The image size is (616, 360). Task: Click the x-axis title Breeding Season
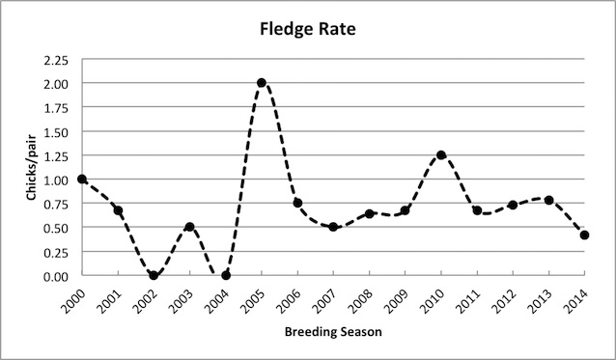click(332, 332)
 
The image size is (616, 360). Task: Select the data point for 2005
click(261, 83)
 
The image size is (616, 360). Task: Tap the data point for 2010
click(441, 155)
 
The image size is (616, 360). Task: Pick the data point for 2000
click(82, 179)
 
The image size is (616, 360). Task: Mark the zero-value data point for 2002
click(154, 275)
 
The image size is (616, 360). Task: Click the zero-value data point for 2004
click(226, 275)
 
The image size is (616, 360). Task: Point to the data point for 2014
click(584, 235)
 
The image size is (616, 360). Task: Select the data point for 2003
click(189, 227)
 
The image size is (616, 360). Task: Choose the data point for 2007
click(333, 227)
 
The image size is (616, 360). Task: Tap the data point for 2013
click(548, 200)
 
